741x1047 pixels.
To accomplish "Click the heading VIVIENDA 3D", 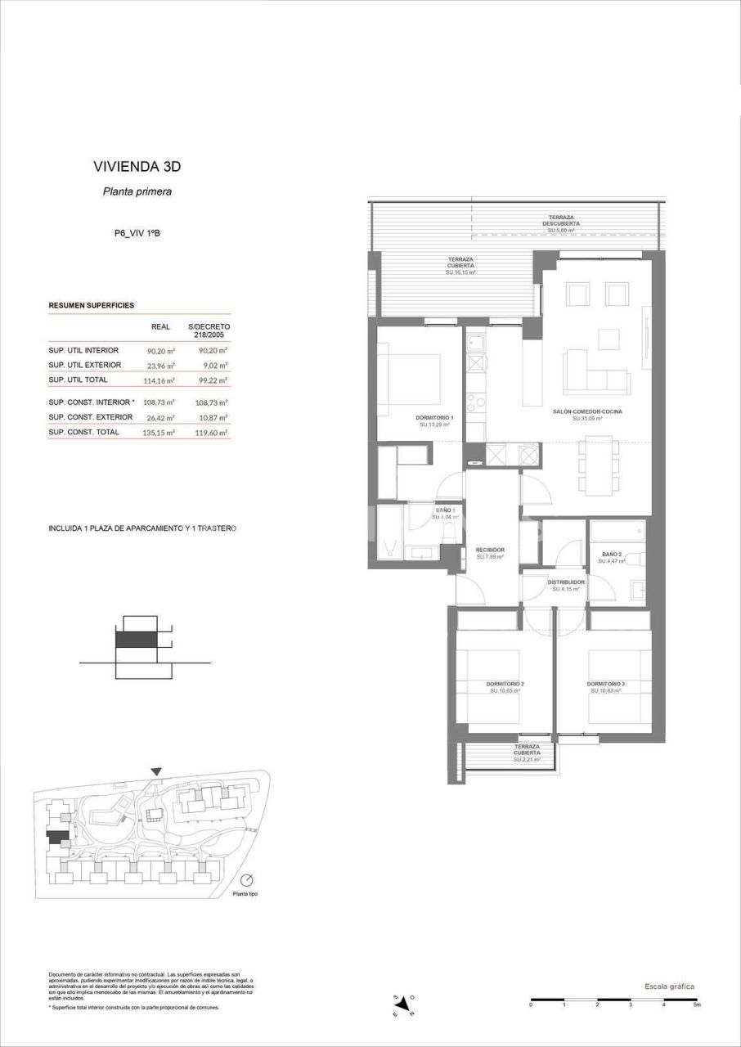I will [137, 167].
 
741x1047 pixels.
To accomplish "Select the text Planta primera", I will [137, 192].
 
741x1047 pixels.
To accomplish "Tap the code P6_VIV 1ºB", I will [137, 234].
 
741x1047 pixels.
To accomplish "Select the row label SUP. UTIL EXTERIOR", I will [85, 365].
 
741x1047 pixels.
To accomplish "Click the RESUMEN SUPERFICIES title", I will [92, 305].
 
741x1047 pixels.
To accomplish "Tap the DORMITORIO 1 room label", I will [435, 418].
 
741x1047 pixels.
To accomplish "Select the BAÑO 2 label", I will [612, 554].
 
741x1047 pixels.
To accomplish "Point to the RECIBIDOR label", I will [490, 550].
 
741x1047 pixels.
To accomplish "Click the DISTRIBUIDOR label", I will [566, 582].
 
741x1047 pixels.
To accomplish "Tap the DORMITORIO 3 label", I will [605, 684].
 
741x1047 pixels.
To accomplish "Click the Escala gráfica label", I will [669, 986].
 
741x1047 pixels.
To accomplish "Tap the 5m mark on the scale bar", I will [696, 1004].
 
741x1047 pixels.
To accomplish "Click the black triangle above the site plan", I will [157, 771].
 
